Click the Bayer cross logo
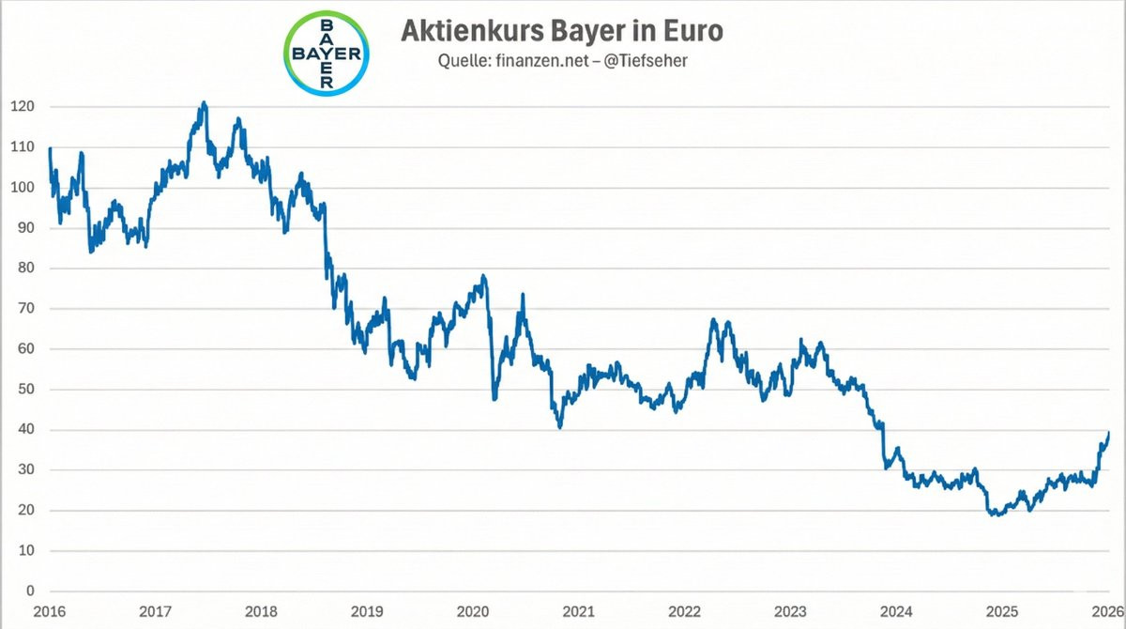[x=327, y=54]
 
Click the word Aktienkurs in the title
[x=472, y=30]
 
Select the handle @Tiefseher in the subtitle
[x=645, y=61]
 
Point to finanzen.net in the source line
[x=541, y=61]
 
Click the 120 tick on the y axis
[x=23, y=107]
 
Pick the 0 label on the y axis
[x=31, y=591]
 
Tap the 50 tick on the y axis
[x=26, y=390]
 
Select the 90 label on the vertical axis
[x=26, y=228]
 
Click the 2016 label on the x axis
[x=49, y=612]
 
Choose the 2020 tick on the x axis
[x=473, y=612]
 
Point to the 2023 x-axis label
[x=790, y=612]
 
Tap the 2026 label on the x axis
[x=1108, y=612]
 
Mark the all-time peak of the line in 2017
[x=204, y=102]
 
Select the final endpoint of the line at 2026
[x=1109, y=433]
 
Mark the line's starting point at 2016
[x=50, y=148]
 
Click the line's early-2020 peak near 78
[x=483, y=276]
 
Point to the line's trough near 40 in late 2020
[x=560, y=427]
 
